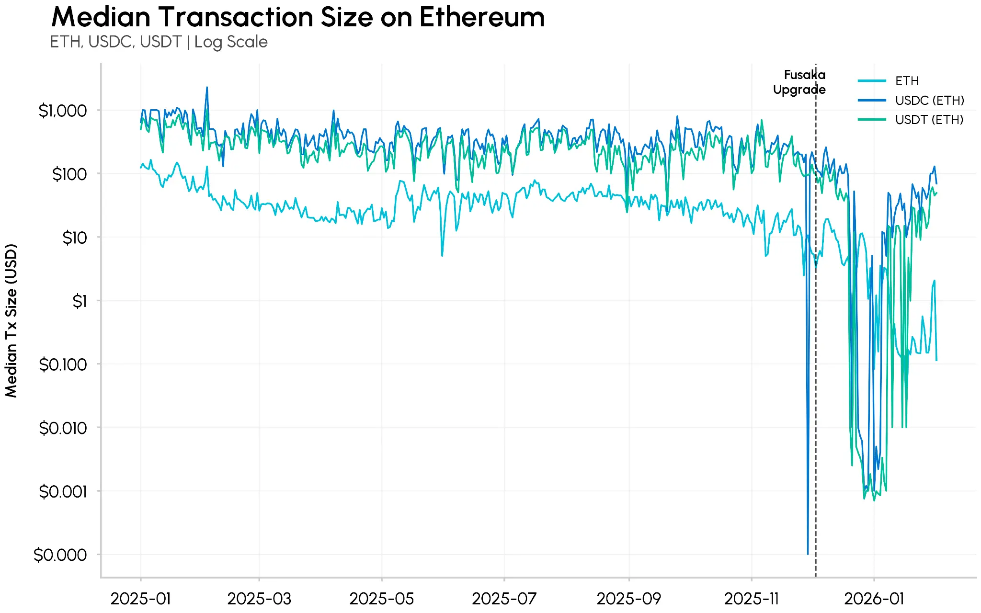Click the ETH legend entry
[907, 81]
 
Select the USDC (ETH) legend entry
[929, 101]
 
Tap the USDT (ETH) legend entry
[929, 120]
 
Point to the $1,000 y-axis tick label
[63, 111]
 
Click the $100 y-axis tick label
[69, 174]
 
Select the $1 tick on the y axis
[80, 301]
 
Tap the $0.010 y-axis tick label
[63, 428]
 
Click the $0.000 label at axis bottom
[60, 555]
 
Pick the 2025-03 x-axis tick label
[259, 598]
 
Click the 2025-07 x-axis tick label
[504, 598]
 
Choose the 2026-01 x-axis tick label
[874, 598]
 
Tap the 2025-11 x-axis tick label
[751, 598]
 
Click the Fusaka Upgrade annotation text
[799, 82]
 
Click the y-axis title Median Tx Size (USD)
[11, 320]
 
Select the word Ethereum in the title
[482, 17]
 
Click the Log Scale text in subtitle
[231, 42]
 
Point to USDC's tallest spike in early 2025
[207, 88]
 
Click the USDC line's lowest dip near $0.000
[808, 553]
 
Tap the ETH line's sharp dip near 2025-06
[442, 255]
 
